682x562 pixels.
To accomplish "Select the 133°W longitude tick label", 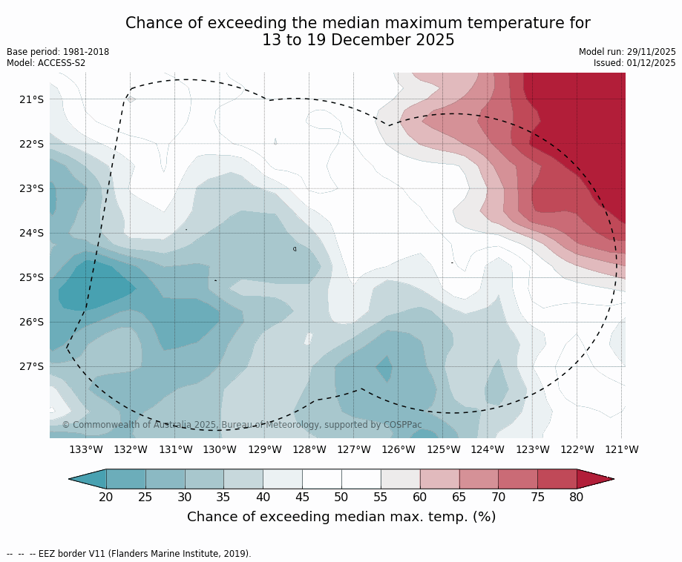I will point(86,449).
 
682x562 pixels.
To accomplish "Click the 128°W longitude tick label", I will point(309,449).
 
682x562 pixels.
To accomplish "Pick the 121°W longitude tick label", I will point(622,449).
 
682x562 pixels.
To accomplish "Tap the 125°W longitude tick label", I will point(443,449).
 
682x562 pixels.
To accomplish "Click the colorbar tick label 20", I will point(106,497).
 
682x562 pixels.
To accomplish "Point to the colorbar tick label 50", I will point(341,497).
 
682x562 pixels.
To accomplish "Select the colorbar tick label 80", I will point(577,497).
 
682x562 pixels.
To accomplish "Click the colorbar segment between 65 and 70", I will point(479,479).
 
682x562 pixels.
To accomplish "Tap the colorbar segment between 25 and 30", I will point(165,479).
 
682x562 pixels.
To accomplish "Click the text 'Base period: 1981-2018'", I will point(58,52).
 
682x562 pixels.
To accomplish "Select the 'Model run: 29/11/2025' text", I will point(627,52).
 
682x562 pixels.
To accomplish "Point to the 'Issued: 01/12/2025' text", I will point(635,63).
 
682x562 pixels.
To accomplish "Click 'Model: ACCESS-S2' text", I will point(46,63).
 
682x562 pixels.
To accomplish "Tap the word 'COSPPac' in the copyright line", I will point(402,425).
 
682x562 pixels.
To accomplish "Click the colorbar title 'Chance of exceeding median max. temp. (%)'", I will point(341,517).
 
